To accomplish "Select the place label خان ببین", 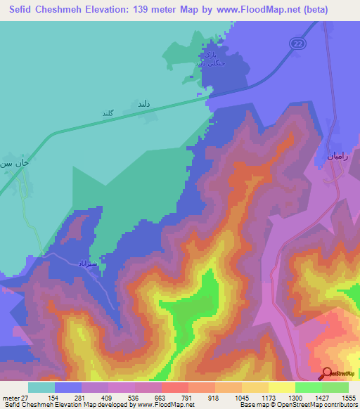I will click(15, 162).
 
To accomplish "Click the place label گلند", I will click(108, 112).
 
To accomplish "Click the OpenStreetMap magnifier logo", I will click(327, 374).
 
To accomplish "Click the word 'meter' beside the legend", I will click(9, 397).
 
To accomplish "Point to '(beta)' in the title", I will click(332, 10).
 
